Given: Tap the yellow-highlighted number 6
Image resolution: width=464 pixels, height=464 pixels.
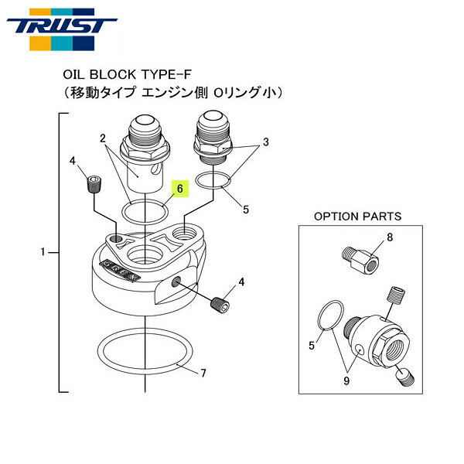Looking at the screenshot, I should pos(179,188).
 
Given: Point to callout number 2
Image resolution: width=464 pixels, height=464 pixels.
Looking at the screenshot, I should pos(102,138).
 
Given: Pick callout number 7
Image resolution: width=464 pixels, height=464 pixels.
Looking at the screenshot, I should pos(203,374).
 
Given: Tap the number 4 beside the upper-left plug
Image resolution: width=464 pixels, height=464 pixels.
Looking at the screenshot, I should pos(72,161).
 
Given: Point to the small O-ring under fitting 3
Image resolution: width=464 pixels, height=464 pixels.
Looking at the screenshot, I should pos(213,181).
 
